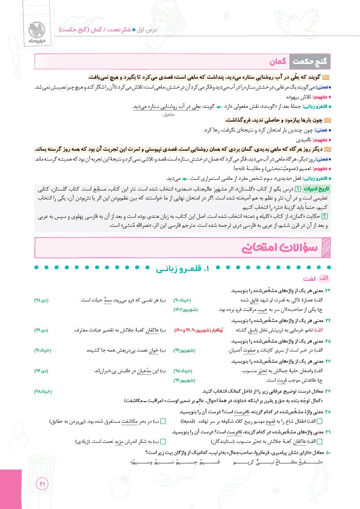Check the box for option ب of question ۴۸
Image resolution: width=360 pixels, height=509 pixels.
(163, 421)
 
